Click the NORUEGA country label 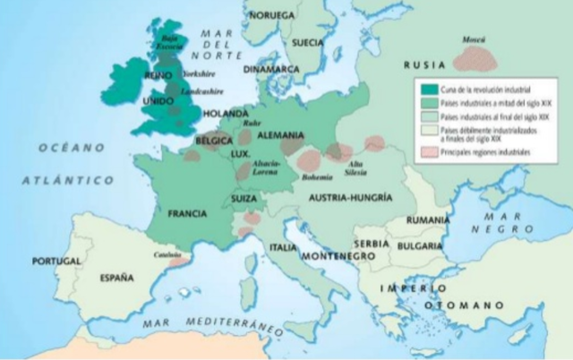272,15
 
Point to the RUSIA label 423,65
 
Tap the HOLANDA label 224,115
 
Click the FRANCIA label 189,214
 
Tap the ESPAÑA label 116,278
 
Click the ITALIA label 284,246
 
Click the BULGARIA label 420,244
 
